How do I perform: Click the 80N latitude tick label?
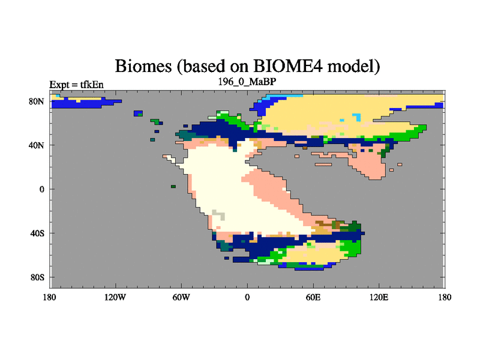coord(37,101)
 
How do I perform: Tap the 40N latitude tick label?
coord(37,145)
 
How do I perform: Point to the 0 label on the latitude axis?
coord(41,189)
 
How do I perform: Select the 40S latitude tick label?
coord(37,233)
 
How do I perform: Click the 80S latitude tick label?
coord(37,277)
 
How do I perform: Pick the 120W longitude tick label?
coord(115,297)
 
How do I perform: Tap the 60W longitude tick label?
coord(181,297)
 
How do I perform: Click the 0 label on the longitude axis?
coord(247,297)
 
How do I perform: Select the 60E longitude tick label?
coord(313,297)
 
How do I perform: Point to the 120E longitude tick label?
coord(379,297)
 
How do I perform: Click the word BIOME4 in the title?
coord(288,66)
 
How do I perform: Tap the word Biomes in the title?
coord(143,66)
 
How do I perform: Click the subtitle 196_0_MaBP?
coord(247,82)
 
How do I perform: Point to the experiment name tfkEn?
coord(92,85)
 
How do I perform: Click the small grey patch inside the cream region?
coord(219,215)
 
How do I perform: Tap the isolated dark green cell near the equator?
coord(173,187)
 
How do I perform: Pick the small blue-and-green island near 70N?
coord(139,113)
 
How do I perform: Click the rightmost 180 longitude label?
coord(445,297)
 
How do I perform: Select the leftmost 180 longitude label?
coord(50,297)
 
